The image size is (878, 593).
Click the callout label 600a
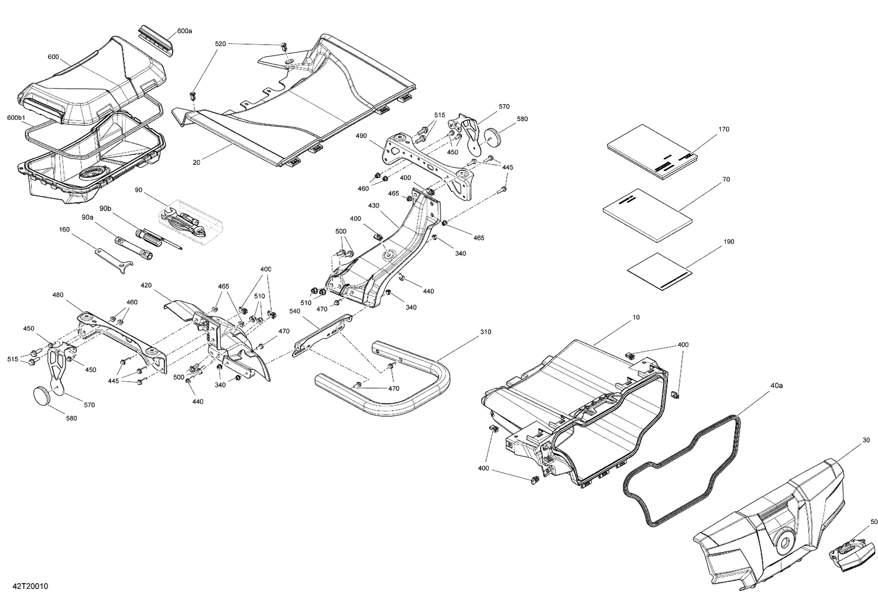pyautogui.click(x=184, y=30)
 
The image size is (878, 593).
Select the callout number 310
pyautogui.click(x=486, y=332)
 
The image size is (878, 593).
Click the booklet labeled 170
pyautogui.click(x=650, y=151)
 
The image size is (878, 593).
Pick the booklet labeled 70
pyautogui.click(x=647, y=214)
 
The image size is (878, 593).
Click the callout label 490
pyautogui.click(x=361, y=136)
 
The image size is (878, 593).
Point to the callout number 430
pyautogui.click(x=374, y=206)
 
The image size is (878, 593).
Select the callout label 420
pyautogui.click(x=146, y=285)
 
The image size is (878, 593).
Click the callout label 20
pyautogui.click(x=196, y=162)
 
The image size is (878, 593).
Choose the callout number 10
pyautogui.click(x=636, y=317)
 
